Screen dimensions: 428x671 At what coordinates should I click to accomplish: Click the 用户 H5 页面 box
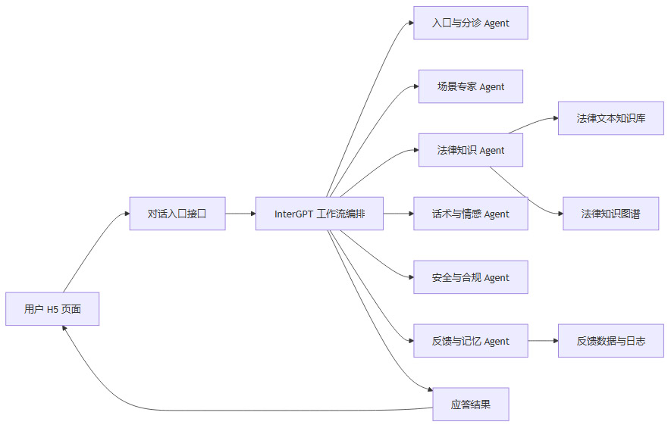pyautogui.click(x=52, y=308)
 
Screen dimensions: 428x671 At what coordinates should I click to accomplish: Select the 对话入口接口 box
pyautogui.click(x=177, y=214)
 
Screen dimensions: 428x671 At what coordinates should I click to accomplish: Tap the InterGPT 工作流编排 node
pyautogui.click(x=319, y=214)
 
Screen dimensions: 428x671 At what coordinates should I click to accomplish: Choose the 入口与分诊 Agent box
pyautogui.click(x=470, y=23)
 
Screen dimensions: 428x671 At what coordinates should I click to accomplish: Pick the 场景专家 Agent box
pyautogui.click(x=470, y=86)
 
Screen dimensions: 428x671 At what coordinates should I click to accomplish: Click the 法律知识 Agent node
pyautogui.click(x=470, y=150)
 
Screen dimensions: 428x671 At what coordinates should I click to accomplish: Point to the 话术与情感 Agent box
pyautogui.click(x=470, y=214)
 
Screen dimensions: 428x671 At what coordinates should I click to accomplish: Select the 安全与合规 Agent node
pyautogui.click(x=470, y=277)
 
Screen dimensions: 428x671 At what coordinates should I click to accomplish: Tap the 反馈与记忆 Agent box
pyautogui.click(x=470, y=341)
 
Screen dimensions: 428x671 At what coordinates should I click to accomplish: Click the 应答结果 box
pyautogui.click(x=470, y=405)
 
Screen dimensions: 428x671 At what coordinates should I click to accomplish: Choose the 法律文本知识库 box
pyautogui.click(x=610, y=118)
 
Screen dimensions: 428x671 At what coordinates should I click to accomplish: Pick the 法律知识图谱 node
pyautogui.click(x=610, y=214)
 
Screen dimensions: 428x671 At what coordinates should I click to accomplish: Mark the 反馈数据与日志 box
pyautogui.click(x=610, y=341)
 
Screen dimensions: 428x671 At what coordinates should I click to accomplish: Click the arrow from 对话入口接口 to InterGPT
pyautogui.click(x=240, y=214)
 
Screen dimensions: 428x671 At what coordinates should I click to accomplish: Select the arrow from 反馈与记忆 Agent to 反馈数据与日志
pyautogui.click(x=543, y=341)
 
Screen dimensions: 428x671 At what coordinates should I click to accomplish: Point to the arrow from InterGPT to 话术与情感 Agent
pyautogui.click(x=398, y=214)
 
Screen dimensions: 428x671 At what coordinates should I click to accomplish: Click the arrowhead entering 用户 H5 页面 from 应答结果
pyautogui.click(x=65, y=329)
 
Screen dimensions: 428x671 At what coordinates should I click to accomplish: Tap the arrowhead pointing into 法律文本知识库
pyautogui.click(x=555, y=119)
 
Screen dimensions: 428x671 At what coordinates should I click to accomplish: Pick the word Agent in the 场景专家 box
pyautogui.click(x=491, y=86)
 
